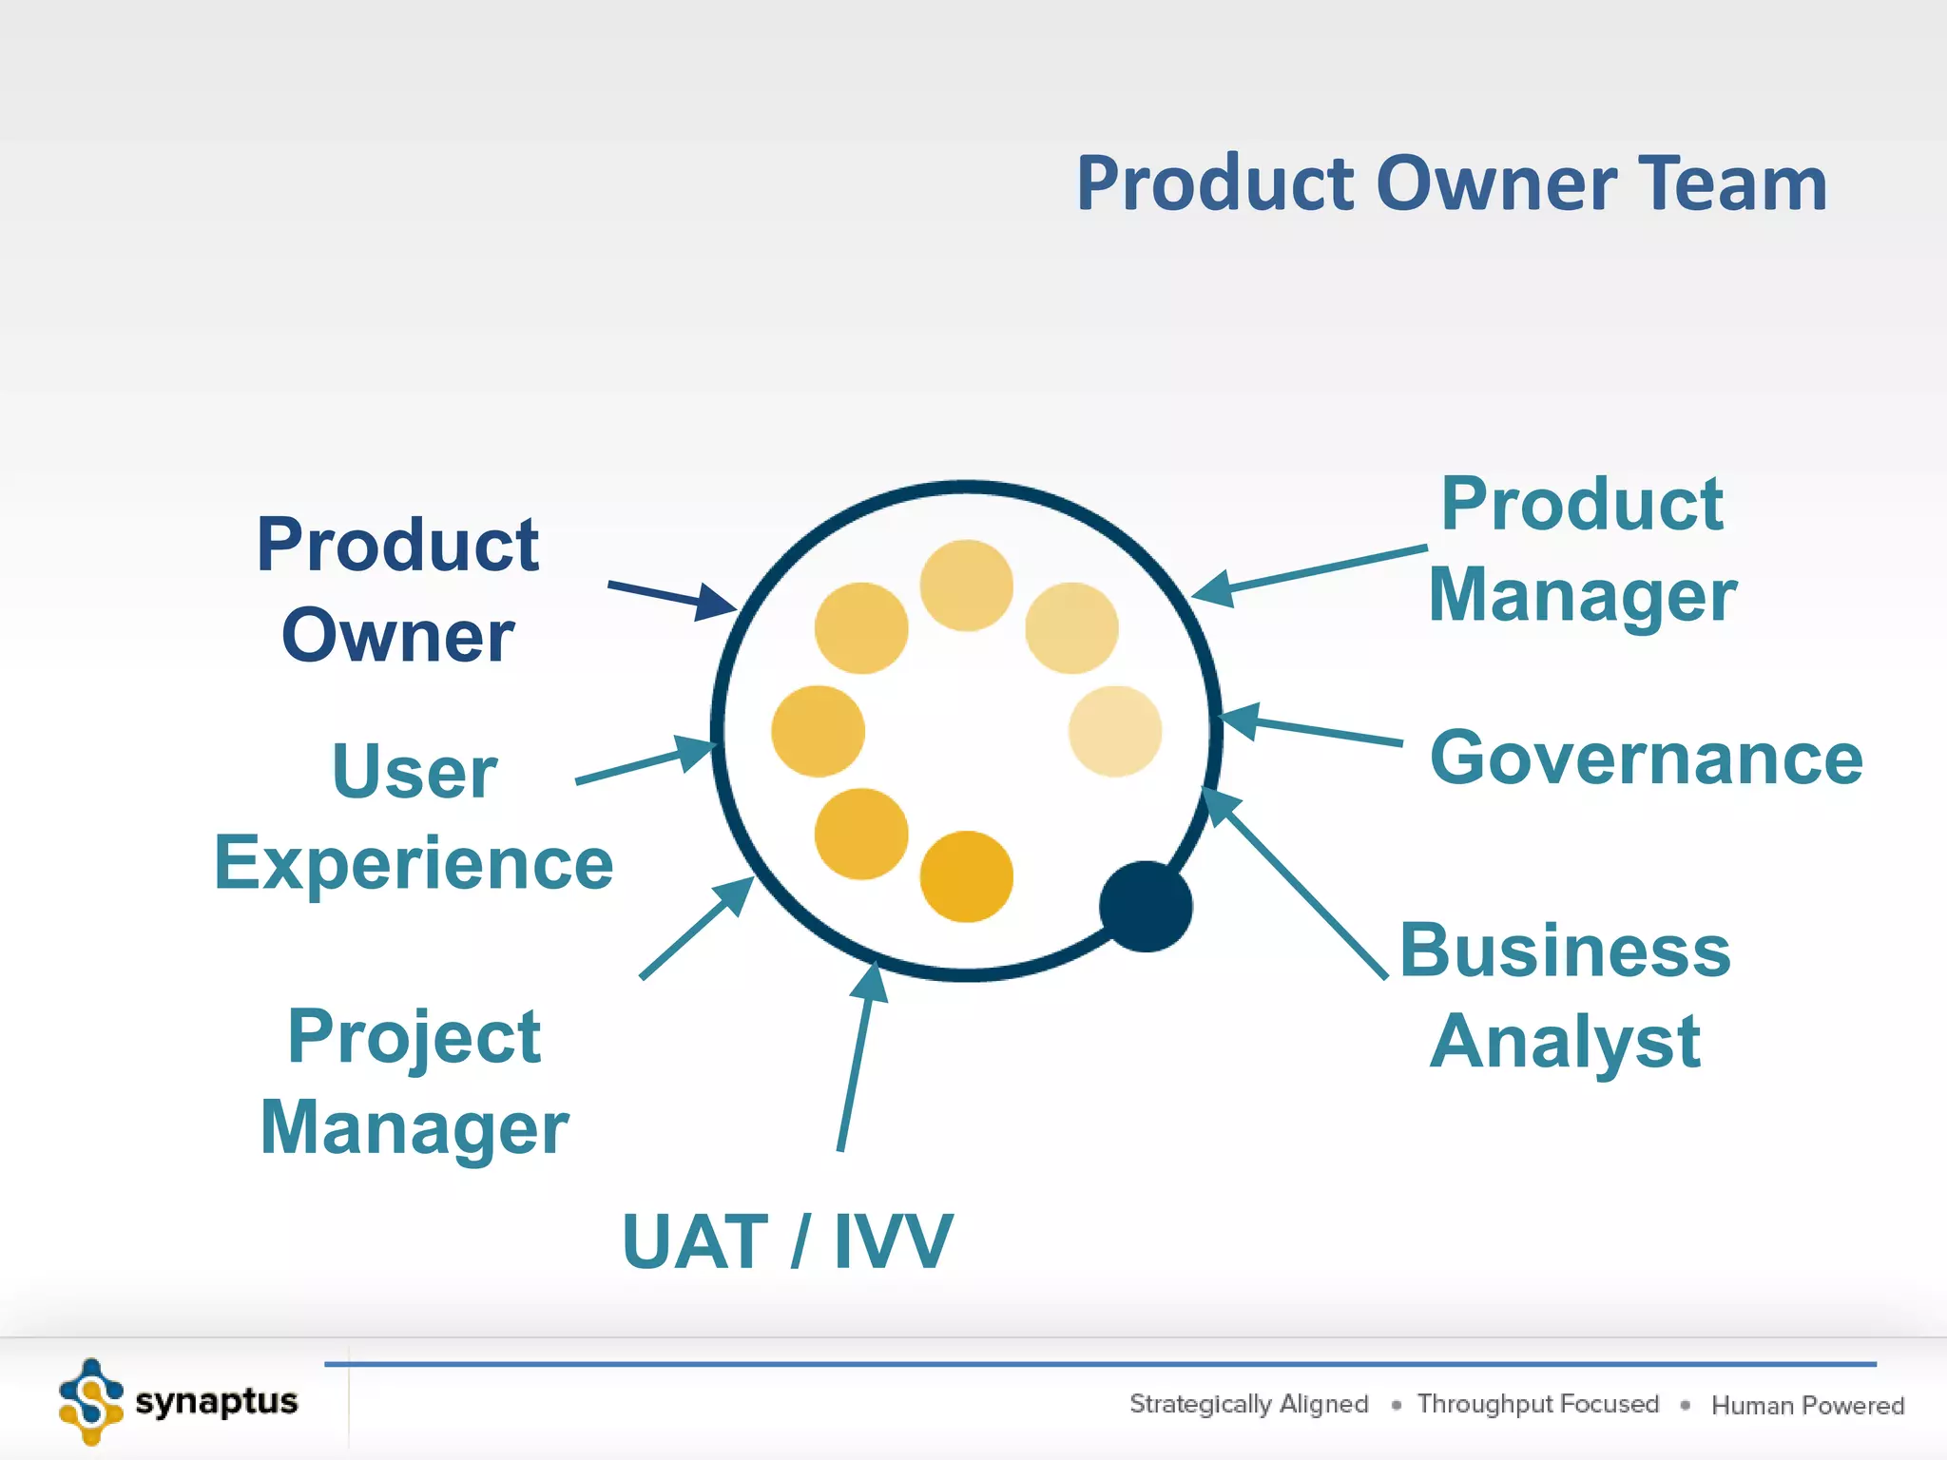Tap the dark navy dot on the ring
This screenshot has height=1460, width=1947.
[1146, 907]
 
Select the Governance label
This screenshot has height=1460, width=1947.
[1646, 759]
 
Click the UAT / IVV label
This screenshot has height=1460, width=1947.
[786, 1241]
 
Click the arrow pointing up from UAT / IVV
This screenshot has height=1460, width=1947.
[857, 1055]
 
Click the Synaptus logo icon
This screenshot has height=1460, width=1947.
[91, 1402]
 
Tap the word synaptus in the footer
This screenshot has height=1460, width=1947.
[217, 1402]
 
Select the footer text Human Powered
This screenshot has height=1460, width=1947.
[1807, 1405]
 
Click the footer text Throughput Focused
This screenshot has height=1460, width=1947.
[1537, 1404]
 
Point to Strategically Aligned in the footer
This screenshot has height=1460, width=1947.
[1248, 1404]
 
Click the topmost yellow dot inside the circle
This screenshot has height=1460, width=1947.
[966, 586]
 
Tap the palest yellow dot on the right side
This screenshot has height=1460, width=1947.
[1115, 731]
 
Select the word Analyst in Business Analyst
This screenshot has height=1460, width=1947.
[1565, 1042]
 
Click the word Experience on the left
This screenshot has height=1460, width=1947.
[414, 863]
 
